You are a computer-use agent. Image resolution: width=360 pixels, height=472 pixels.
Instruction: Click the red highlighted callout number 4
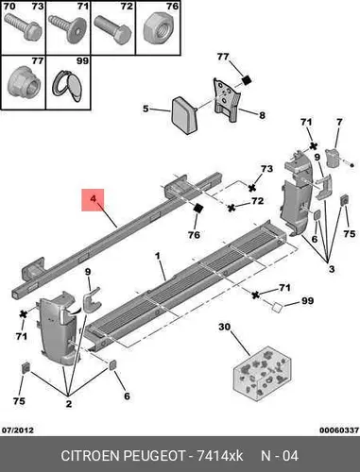[x=93, y=199]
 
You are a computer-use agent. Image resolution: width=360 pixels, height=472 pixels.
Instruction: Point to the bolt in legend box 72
[x=113, y=30]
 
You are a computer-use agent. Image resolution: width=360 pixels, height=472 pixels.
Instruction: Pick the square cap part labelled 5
[x=184, y=115]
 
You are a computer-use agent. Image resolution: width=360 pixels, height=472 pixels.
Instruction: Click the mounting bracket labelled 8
[x=227, y=99]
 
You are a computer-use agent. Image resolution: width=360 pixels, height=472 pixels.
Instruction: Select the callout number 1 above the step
[x=158, y=256]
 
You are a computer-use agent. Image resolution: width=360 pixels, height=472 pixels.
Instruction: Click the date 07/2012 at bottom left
[x=18, y=430]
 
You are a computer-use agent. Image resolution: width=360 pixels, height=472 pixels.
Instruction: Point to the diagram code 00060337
[x=339, y=430]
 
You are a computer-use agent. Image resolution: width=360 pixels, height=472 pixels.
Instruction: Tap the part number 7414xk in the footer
[x=219, y=456]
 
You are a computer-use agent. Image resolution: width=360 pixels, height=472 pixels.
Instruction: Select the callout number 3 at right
[x=332, y=269]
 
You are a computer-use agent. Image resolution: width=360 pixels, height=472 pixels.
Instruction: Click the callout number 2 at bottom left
[x=69, y=403]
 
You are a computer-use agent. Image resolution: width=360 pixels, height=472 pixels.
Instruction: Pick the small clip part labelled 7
[x=333, y=158]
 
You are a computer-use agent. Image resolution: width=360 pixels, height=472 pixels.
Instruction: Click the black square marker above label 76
[x=198, y=208]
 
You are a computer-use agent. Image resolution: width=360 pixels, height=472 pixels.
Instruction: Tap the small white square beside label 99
[x=277, y=307]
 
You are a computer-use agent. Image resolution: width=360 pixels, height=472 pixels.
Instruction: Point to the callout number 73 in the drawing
[x=266, y=169]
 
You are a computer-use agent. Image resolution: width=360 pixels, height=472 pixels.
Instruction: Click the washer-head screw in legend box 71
[x=67, y=29]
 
